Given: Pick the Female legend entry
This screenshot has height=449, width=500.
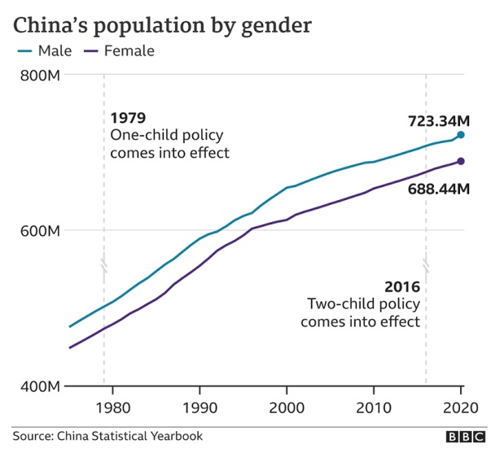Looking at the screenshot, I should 121,51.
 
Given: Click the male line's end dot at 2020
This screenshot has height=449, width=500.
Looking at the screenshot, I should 461,135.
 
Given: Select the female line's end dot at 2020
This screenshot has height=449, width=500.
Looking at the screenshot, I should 461,162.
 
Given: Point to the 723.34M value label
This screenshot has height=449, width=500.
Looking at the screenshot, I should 439,121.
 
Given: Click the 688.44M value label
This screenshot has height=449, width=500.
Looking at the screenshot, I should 439,189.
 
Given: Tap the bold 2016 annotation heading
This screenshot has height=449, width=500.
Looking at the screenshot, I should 402,287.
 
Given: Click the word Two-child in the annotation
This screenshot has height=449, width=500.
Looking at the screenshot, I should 337,304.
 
